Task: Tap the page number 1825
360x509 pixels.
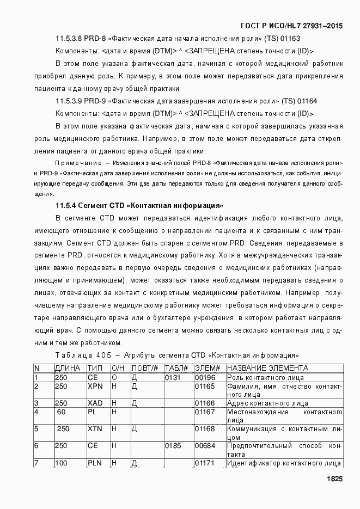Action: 334,479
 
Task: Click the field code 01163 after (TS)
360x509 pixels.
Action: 291,39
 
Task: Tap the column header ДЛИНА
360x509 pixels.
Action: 68,368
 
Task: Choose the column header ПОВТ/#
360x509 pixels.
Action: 144,368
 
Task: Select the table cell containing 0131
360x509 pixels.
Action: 173,377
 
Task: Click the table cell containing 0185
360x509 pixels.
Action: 173,445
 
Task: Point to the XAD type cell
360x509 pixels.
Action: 95,403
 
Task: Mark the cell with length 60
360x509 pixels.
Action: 61,412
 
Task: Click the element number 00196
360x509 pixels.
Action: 205,377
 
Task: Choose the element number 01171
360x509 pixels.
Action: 205,463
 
